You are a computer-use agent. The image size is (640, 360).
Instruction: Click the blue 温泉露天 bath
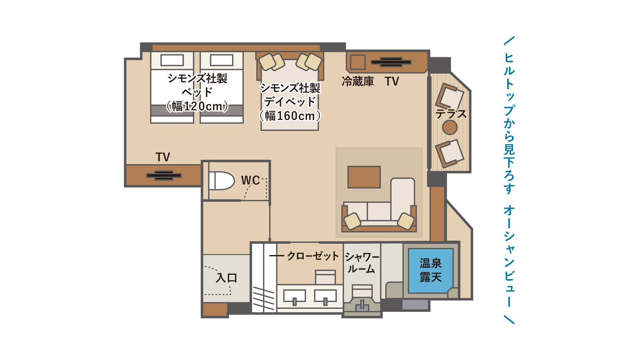click(x=431, y=270)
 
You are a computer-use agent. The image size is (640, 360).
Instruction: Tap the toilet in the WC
click(x=221, y=181)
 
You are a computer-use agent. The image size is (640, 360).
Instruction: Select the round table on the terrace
click(x=450, y=127)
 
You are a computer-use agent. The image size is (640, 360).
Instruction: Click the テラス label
click(x=451, y=114)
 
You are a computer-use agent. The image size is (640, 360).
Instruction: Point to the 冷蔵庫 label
click(x=357, y=81)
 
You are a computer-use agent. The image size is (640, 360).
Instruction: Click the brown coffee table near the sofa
click(x=364, y=177)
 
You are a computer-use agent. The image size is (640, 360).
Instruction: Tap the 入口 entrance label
click(x=226, y=277)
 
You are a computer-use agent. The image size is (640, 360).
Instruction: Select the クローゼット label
click(x=313, y=256)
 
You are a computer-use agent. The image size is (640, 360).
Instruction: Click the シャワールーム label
click(x=362, y=263)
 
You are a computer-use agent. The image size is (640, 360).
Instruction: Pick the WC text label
click(x=250, y=180)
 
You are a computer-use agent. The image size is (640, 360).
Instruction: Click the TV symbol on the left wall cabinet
click(x=164, y=175)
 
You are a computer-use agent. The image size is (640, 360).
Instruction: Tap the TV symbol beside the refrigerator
click(x=391, y=62)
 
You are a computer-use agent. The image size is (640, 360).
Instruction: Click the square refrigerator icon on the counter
click(x=357, y=62)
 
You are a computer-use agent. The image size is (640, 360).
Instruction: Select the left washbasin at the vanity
click(x=294, y=296)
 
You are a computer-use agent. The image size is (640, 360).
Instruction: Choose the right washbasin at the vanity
click(x=325, y=296)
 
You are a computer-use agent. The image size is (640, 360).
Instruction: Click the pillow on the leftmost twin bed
click(x=172, y=60)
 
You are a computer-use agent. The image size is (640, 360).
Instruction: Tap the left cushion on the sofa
click(x=352, y=221)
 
